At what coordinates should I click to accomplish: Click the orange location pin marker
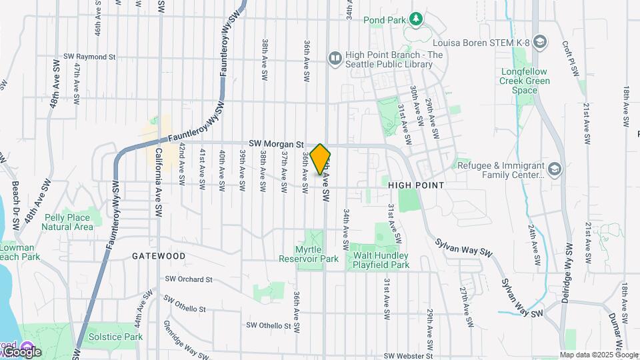tap(321, 159)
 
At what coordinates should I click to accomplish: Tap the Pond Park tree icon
tap(417, 18)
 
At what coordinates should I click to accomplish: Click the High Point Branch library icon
tap(335, 59)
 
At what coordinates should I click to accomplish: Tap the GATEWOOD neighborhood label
tap(158, 255)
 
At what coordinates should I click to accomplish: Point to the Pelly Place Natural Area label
tap(67, 222)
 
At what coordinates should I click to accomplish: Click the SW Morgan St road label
tap(276, 143)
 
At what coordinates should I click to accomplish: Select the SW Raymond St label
tap(90, 57)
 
